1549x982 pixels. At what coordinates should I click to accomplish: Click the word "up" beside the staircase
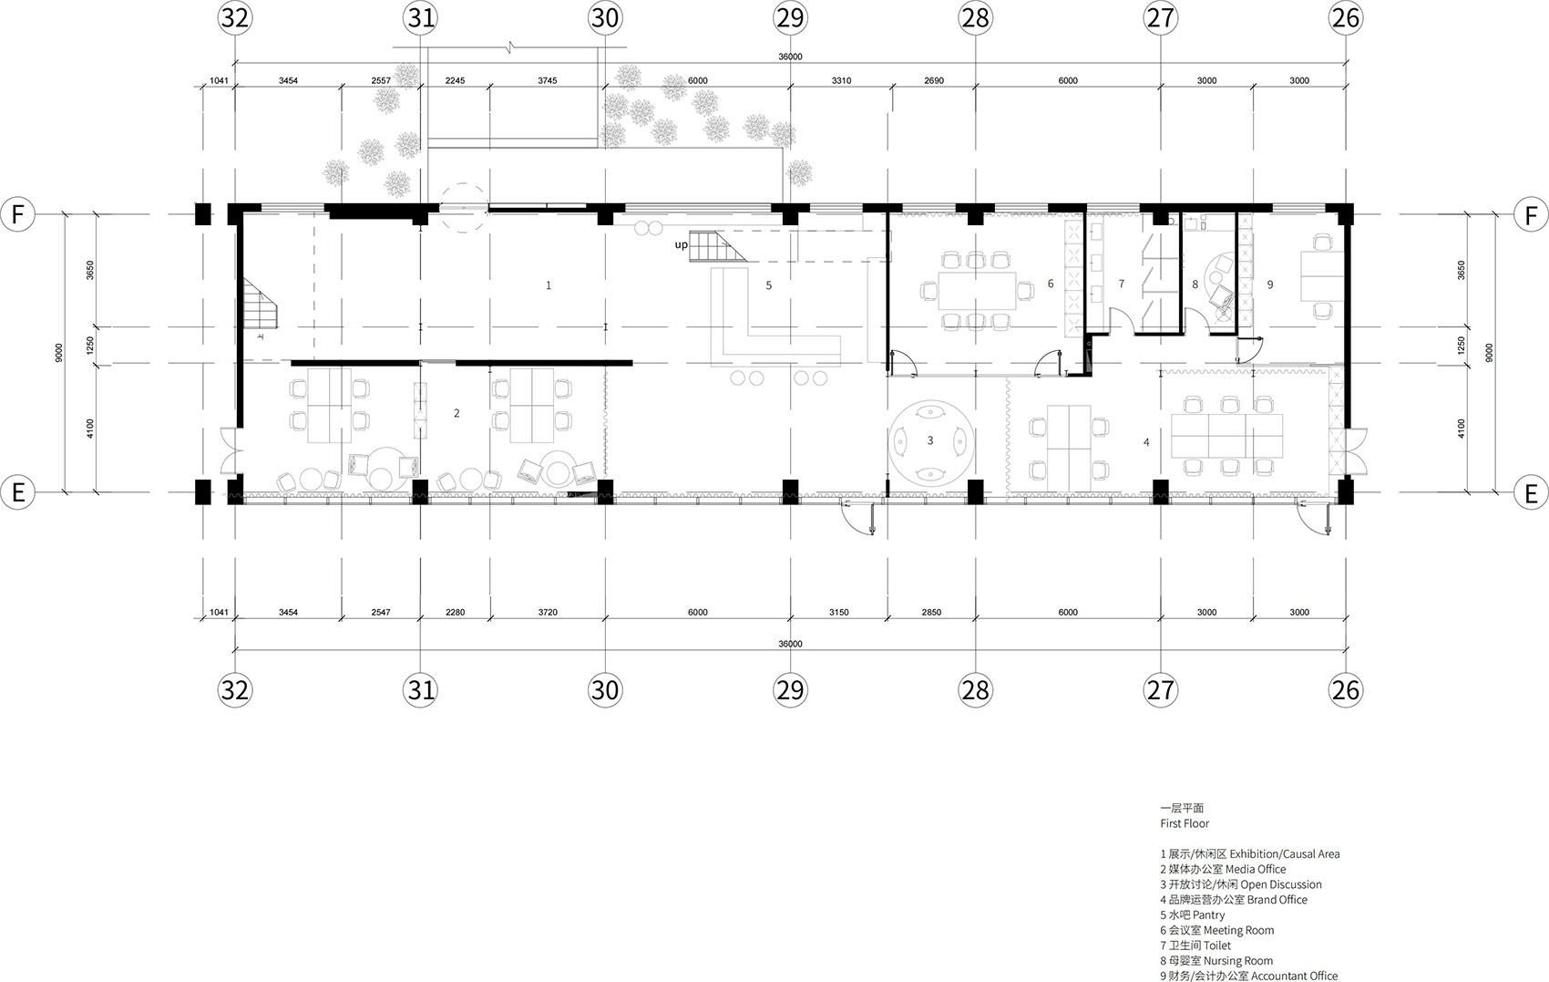tap(682, 245)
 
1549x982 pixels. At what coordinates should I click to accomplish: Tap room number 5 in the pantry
tap(768, 285)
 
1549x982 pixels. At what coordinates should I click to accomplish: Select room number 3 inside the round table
tap(930, 440)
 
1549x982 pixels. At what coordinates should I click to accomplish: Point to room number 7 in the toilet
tap(1121, 284)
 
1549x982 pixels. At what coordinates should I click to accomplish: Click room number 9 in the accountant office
tap(1269, 284)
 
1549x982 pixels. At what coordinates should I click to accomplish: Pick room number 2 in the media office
tap(456, 413)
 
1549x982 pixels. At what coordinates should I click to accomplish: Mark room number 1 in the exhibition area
tap(549, 285)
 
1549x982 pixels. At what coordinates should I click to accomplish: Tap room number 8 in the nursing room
tap(1195, 284)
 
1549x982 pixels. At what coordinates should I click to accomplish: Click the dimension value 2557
tap(381, 81)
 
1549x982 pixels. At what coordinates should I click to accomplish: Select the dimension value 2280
tap(455, 613)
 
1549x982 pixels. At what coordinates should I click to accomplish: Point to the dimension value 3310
tap(842, 81)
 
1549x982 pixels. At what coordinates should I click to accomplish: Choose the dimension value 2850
tap(931, 613)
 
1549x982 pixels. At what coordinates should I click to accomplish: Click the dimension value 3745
tap(547, 81)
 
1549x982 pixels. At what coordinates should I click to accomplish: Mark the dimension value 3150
tap(839, 613)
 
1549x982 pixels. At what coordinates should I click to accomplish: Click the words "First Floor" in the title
tap(1185, 823)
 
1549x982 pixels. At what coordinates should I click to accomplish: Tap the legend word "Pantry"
tap(1209, 915)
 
